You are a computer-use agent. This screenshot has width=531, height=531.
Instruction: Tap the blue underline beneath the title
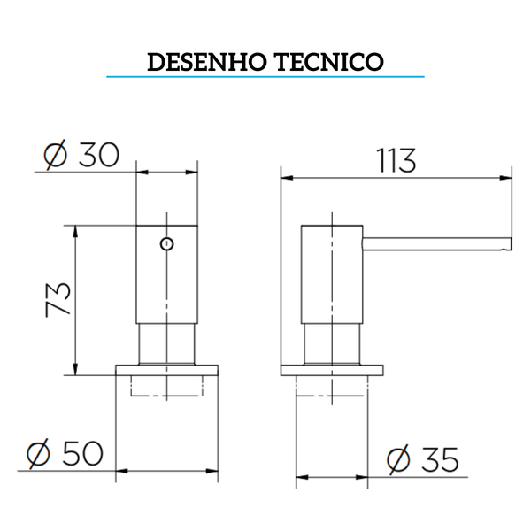[265, 78]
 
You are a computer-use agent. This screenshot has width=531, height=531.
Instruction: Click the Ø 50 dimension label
[65, 455]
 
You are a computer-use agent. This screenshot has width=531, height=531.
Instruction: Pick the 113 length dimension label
[396, 161]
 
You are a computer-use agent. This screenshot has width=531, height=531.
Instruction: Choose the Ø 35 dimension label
[423, 460]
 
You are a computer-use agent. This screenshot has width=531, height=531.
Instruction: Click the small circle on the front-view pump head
[165, 243]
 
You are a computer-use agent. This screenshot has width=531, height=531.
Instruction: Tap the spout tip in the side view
[508, 242]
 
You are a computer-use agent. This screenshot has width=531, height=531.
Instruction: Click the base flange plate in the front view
[166, 369]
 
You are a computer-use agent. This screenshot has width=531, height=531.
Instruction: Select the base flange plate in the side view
[332, 369]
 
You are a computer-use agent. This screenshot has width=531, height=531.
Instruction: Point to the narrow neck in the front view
[166, 343]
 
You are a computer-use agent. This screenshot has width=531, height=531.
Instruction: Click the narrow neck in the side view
[332, 343]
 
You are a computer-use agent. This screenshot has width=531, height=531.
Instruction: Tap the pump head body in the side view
[332, 274]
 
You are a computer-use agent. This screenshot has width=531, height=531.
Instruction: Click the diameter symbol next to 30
[56, 157]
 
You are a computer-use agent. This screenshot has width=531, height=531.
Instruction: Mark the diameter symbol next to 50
[38, 455]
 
